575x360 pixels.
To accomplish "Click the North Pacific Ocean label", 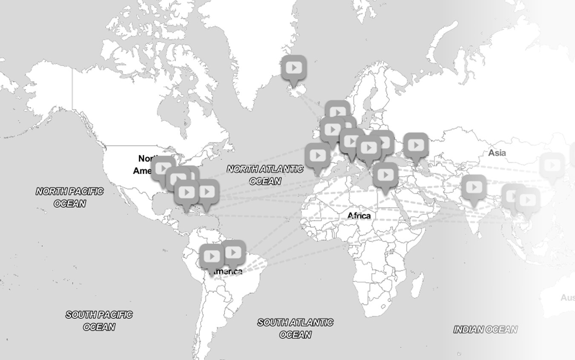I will (69, 197).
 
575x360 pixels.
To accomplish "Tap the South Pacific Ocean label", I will (99, 320).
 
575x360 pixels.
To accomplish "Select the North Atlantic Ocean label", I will (265, 175).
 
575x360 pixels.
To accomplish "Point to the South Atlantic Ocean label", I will (295, 328).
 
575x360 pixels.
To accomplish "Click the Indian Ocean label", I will (485, 329).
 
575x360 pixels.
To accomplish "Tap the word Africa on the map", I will (359, 216).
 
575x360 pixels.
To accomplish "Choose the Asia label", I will (497, 153).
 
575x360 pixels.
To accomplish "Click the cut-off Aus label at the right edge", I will (568, 297).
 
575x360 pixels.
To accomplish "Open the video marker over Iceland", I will (294, 68).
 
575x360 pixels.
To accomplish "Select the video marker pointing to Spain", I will (317, 156).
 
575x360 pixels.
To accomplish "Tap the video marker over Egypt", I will (385, 175).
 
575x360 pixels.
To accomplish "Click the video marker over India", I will (474, 187).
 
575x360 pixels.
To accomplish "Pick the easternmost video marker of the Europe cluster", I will (416, 146).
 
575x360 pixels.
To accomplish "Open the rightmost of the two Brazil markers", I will (233, 253).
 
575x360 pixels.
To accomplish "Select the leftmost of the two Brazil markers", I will (212, 257).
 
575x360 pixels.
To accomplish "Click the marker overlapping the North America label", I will (163, 169).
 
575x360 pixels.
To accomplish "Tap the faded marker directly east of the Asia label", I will (552, 165).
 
